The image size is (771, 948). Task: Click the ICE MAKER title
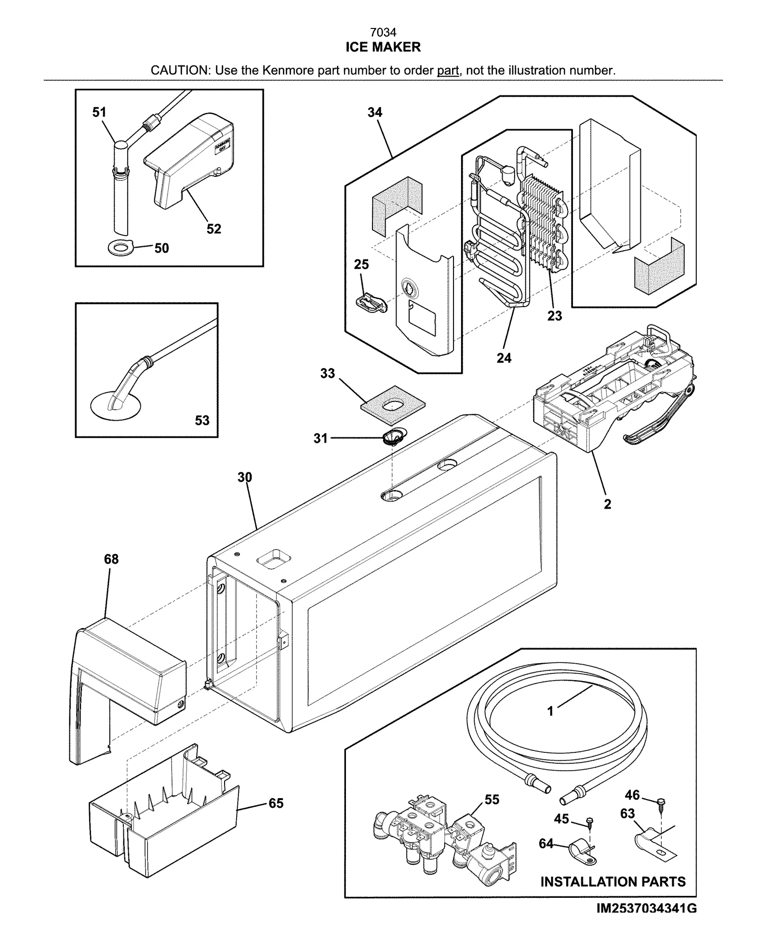pos(383,47)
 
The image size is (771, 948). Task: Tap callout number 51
pos(99,112)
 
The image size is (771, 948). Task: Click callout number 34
pos(375,112)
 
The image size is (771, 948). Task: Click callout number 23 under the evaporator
pos(555,316)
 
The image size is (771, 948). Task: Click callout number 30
pos(245,477)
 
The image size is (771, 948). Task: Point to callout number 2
pos(608,504)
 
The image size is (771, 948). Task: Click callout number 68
pos(111,559)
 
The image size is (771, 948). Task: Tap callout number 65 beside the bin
pos(276,803)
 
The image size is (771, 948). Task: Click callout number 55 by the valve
pos(492,800)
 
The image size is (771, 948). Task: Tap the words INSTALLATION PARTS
pos(613,881)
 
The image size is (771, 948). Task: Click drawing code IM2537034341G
pos(646,908)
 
